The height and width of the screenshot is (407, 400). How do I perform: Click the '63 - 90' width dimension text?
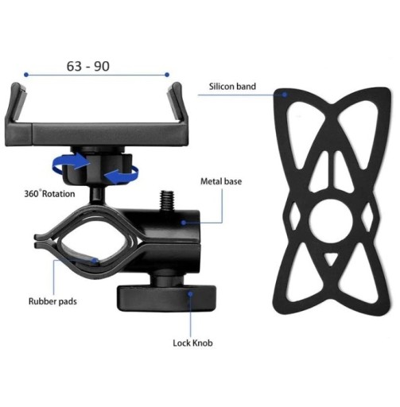coord(88,66)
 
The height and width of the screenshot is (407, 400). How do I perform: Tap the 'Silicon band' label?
coord(232,87)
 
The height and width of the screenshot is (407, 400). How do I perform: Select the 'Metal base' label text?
coord(221,181)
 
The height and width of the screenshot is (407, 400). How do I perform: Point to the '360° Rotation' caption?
coord(49,193)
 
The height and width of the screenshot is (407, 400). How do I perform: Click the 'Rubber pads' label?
coord(52,301)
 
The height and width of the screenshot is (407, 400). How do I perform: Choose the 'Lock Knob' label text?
coord(192,343)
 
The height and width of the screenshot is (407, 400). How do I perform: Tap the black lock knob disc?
coord(166,298)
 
